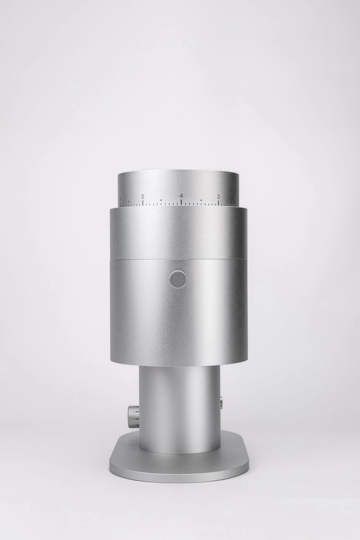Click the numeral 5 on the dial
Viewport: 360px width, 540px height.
click(143, 197)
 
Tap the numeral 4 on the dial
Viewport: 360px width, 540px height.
click(181, 196)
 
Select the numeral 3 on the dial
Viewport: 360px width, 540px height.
click(218, 197)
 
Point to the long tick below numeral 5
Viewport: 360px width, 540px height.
click(143, 203)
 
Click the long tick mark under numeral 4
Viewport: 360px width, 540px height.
click(181, 203)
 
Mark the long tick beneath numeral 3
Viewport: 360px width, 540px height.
click(219, 203)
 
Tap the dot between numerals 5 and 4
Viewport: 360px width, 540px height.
click(161, 200)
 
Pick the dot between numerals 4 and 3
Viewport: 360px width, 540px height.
click(201, 200)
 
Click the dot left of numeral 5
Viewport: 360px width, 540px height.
click(128, 201)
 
